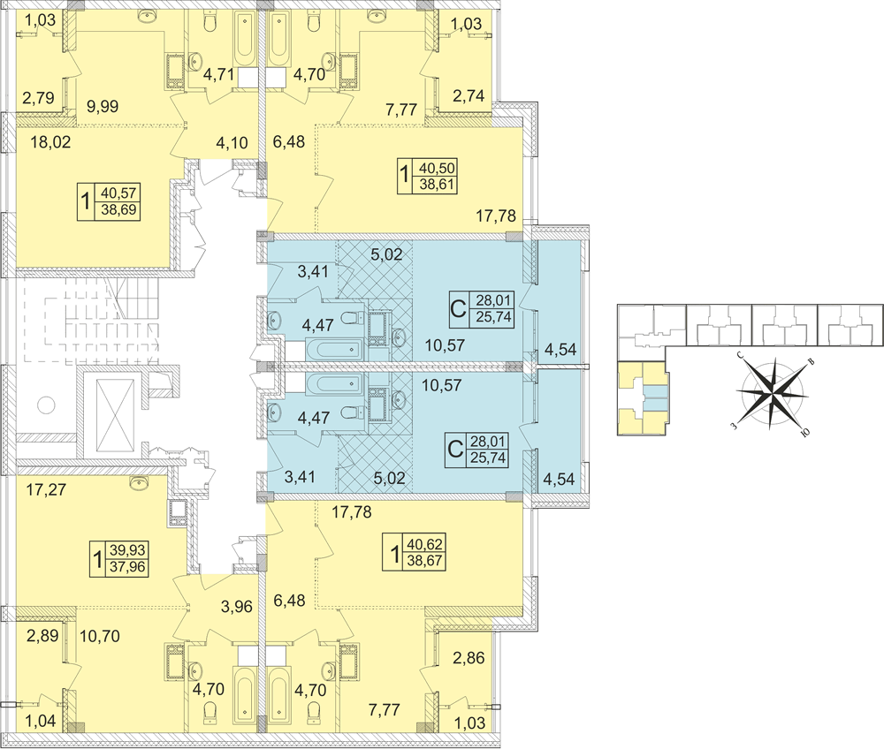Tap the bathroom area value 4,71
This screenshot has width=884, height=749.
217,74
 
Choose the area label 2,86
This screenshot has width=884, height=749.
469,659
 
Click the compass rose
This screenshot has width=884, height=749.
773,391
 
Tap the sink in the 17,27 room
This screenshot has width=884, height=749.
139,482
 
